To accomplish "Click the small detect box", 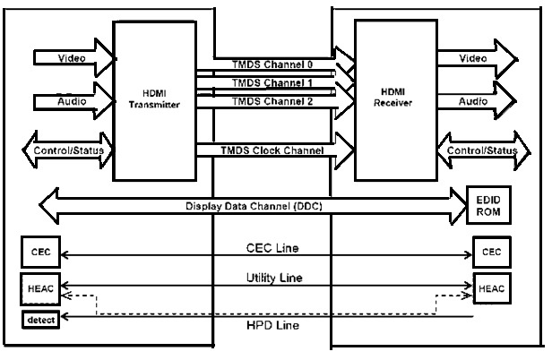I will [40, 319].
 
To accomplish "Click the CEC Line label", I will [272, 246].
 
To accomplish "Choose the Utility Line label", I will [272, 279].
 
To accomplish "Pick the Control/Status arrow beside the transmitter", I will [71, 150].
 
